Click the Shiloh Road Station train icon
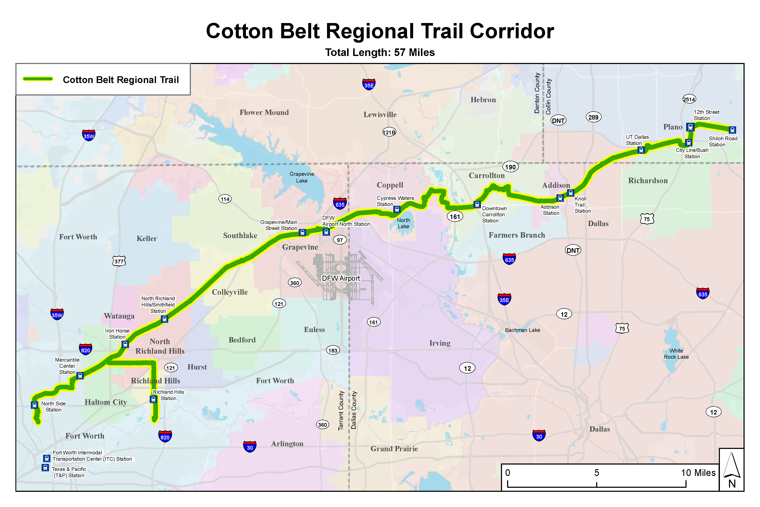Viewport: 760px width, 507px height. [732, 130]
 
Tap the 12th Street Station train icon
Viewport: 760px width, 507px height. [690, 127]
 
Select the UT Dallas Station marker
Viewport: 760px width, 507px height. [641, 150]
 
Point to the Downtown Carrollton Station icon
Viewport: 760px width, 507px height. [477, 204]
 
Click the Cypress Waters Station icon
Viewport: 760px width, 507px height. [397, 210]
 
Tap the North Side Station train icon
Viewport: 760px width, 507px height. [35, 405]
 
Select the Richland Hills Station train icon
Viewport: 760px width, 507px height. [153, 399]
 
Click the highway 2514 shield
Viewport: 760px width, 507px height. [689, 99]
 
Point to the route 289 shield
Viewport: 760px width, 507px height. [593, 117]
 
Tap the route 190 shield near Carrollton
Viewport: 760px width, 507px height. [510, 167]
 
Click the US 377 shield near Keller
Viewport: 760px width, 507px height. [119, 261]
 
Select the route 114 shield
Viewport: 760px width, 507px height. [225, 199]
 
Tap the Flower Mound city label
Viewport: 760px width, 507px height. [264, 113]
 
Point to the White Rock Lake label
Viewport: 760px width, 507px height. [676, 354]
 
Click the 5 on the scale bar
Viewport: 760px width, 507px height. [597, 473]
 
